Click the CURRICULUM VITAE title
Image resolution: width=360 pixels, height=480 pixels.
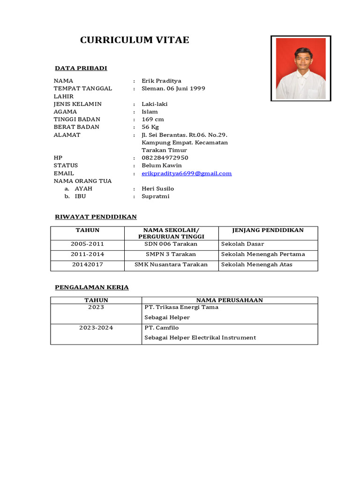135,40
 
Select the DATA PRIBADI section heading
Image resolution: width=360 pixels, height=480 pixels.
81,68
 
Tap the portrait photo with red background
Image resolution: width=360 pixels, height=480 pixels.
300,68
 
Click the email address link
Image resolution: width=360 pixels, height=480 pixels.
187,173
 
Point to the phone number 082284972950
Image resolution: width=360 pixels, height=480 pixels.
165,158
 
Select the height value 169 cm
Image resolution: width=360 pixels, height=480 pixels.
153,120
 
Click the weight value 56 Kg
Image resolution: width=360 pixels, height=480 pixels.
150,127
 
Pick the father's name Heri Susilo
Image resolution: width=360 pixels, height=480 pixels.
157,189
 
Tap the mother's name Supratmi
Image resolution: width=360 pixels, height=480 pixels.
155,196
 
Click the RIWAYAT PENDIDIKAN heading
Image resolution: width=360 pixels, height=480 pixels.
96,217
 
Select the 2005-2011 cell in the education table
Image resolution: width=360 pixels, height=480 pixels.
88,244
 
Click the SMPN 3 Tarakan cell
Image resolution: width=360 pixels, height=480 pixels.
171,255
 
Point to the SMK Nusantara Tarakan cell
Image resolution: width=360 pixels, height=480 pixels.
171,265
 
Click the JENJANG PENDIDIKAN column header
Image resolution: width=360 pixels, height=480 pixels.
268,230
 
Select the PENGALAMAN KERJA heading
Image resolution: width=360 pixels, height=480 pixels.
92,287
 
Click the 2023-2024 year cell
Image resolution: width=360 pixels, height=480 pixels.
96,328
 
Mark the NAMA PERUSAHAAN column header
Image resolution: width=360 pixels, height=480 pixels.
229,300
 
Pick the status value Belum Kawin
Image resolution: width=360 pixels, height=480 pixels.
162,165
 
